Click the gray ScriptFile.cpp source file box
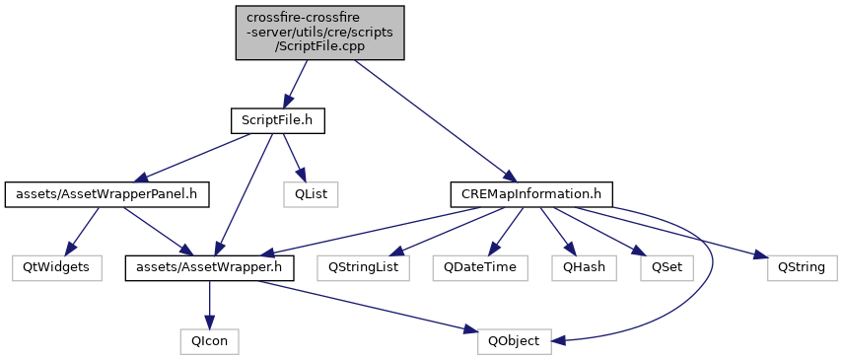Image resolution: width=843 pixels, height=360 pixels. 319,33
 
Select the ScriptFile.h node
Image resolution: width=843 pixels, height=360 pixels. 278,121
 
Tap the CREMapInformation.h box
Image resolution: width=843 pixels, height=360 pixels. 531,195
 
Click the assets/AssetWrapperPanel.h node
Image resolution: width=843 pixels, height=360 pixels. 106,195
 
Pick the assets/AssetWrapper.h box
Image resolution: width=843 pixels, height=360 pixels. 210,268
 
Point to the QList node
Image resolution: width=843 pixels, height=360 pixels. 312,195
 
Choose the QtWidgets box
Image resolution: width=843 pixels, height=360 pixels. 57,268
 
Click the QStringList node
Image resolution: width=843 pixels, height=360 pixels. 364,268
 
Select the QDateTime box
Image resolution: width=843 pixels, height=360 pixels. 480,268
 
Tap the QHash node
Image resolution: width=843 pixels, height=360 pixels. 584,268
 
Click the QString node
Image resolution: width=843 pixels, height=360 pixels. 803,268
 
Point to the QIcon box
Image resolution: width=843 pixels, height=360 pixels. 210,341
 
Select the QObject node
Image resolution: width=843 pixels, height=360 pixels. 515,341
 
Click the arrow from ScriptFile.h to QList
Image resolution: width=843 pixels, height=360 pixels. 294,158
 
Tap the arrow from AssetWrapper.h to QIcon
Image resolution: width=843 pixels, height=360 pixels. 210,305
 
